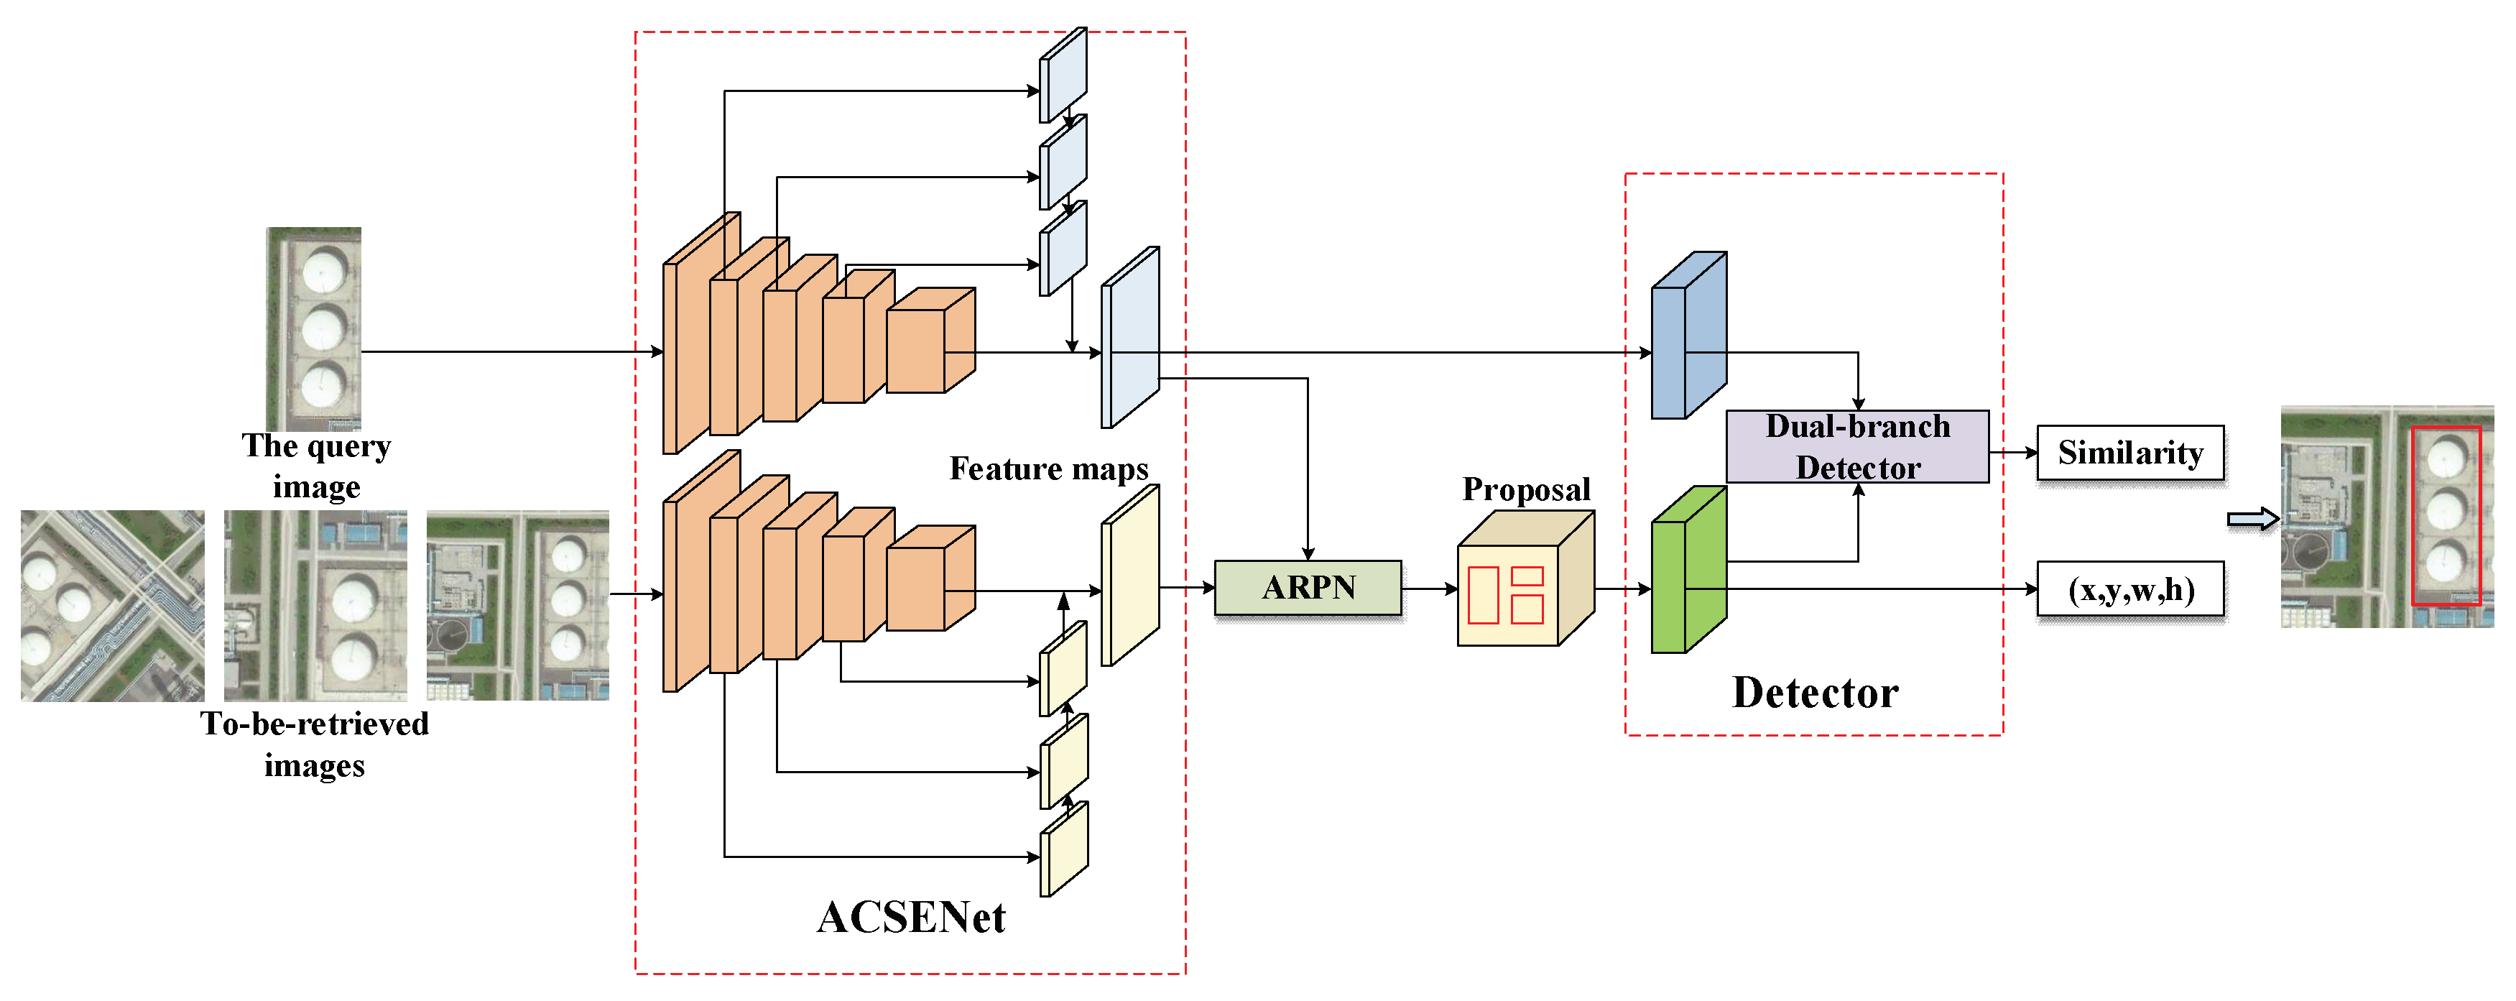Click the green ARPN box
coord(1307,588)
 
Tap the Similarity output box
coord(2129,452)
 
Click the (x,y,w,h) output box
coord(2129,589)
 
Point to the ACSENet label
coord(910,916)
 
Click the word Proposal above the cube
coord(1525,489)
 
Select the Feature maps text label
coord(1048,469)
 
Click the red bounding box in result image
coord(2445,516)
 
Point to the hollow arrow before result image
coord(2252,519)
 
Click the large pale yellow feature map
coord(1130,576)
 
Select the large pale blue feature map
coord(1130,338)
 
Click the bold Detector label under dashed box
coord(1815,693)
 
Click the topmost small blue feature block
coord(1063,75)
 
